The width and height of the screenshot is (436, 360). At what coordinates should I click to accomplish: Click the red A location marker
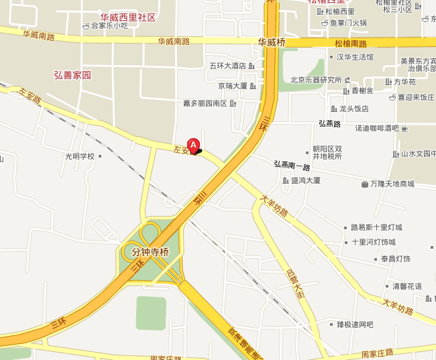pyautogui.click(x=194, y=144)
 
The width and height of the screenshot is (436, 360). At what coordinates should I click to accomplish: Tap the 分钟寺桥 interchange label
pyautogui.click(x=145, y=252)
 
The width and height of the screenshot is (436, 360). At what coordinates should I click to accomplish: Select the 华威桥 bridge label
pyautogui.click(x=272, y=42)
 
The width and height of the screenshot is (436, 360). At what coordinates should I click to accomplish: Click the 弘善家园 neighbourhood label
pyautogui.click(x=72, y=75)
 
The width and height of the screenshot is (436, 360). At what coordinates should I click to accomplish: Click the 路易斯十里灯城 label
pyautogui.click(x=377, y=228)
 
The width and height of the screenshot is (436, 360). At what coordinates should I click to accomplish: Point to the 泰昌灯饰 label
pyautogui.click(x=395, y=259)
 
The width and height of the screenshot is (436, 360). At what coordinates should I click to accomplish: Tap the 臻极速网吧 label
pyautogui.click(x=355, y=324)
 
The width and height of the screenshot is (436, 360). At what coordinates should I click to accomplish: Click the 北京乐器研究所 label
pyautogui.click(x=316, y=80)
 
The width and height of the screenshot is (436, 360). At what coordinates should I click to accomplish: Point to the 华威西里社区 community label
pyautogui.click(x=127, y=17)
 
